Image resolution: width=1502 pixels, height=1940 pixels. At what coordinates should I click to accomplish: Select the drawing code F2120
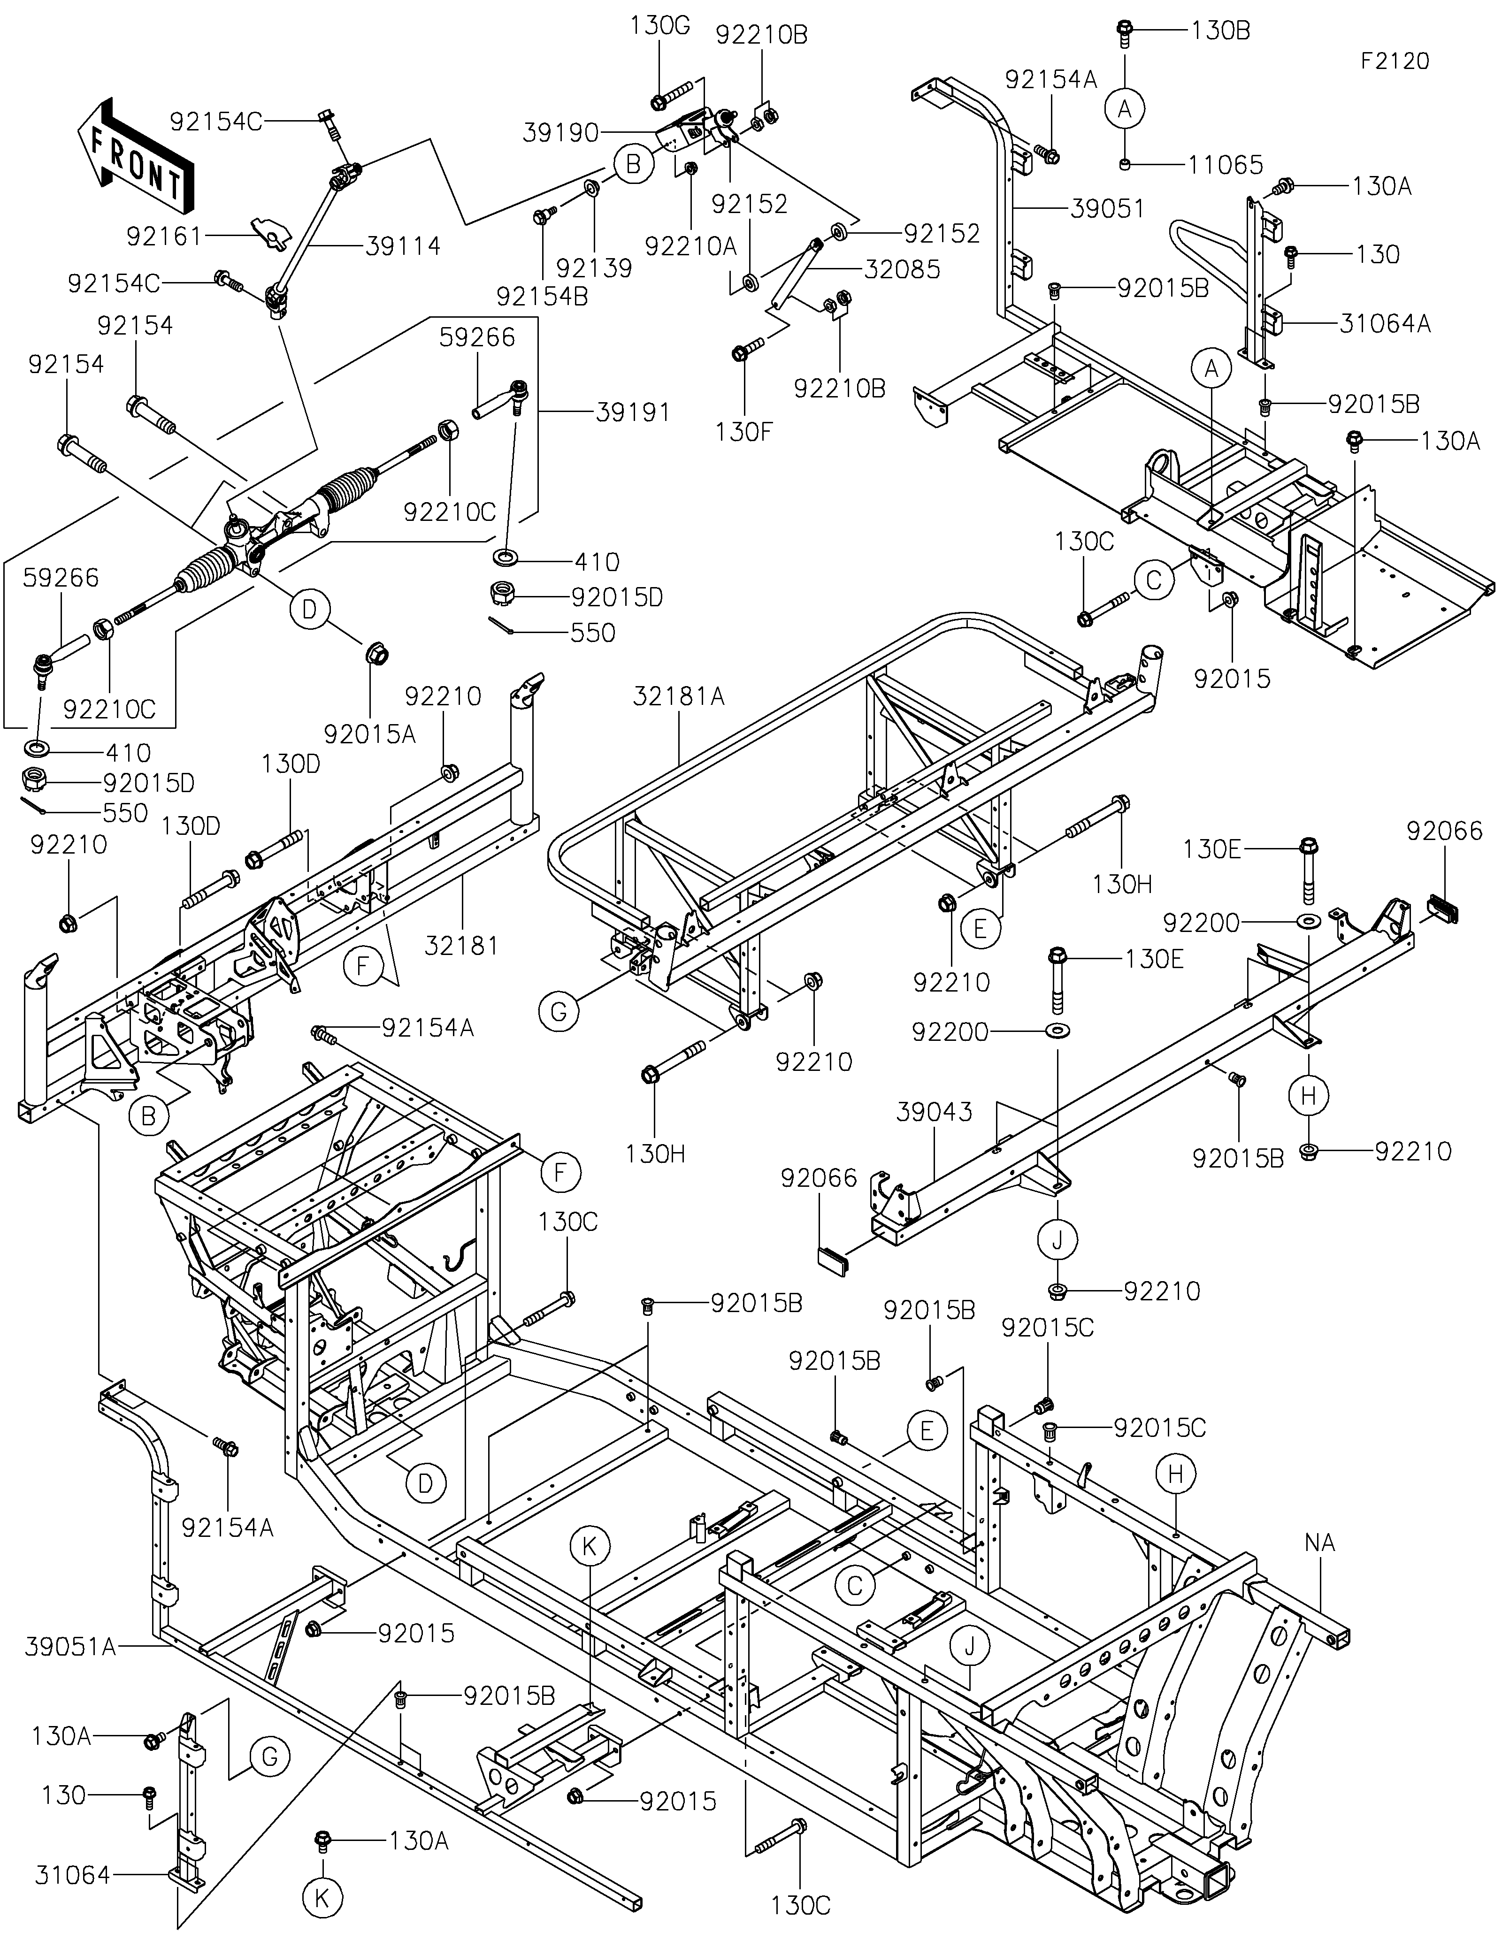click(x=1395, y=61)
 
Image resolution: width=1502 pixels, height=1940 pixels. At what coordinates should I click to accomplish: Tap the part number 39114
click(x=402, y=246)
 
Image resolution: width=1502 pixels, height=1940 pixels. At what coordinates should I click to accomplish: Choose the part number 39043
click(x=935, y=1112)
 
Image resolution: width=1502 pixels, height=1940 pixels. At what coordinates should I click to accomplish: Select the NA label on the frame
click(x=1320, y=1543)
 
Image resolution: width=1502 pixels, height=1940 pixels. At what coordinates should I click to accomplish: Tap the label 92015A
click(x=369, y=734)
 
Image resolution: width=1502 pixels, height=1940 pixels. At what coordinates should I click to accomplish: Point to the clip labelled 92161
click(x=271, y=234)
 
